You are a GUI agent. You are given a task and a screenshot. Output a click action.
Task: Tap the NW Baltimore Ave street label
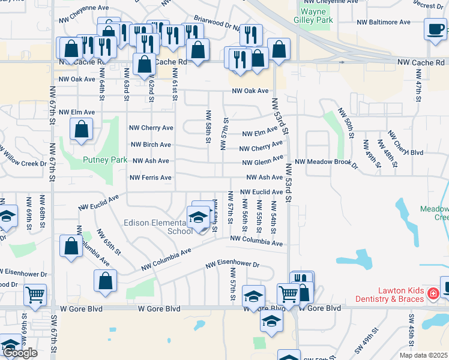tap(384, 22)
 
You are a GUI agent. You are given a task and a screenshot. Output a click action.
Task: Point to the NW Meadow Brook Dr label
tap(326, 162)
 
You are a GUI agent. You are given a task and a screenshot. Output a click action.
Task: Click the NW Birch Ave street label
tap(151, 145)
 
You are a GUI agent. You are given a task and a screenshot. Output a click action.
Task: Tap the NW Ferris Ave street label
tap(151, 178)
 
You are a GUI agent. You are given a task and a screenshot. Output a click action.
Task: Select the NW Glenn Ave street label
tap(262, 161)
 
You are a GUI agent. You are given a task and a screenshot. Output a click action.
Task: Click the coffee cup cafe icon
tap(435, 28)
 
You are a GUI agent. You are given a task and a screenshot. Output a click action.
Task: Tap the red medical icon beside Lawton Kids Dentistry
tap(432, 293)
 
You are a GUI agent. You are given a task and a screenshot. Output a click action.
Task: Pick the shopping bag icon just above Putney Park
tap(81, 128)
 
